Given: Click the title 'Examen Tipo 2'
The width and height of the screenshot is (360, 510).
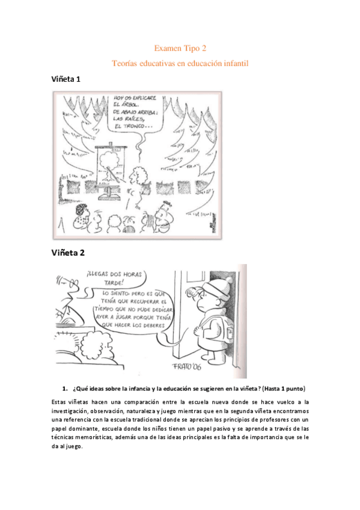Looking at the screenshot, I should coord(180,48).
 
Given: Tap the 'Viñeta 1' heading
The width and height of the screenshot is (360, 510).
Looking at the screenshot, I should coord(67,79).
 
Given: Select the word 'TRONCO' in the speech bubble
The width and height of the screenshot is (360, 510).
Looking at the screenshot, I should coord(140,126).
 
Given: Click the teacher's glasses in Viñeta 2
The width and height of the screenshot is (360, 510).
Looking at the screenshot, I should coord(74,286).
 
